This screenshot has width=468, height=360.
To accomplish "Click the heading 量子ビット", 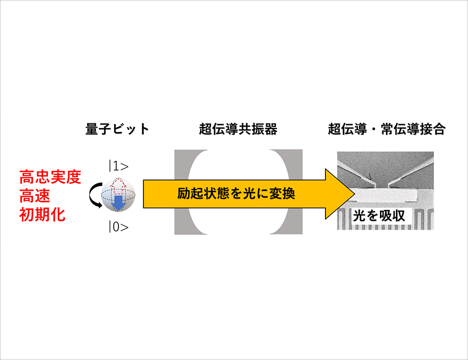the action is click(x=117, y=129).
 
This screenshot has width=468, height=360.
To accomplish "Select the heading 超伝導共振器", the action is click(x=238, y=129).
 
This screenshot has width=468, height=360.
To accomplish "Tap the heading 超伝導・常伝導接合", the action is click(x=387, y=129).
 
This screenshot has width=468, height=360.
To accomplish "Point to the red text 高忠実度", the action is click(x=50, y=177).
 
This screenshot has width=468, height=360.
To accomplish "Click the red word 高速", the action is click(x=35, y=196).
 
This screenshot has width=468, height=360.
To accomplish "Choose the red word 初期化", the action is click(x=42, y=215).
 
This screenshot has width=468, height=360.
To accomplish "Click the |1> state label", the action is click(x=119, y=166).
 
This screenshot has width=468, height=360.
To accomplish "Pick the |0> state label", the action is click(x=119, y=227).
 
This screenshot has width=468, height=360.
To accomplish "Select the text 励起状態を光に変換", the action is click(x=236, y=194).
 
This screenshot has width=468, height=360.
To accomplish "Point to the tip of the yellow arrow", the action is click(x=355, y=194).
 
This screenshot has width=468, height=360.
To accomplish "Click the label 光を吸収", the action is click(x=379, y=216).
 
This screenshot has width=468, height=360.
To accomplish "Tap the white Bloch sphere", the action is click(x=118, y=195).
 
